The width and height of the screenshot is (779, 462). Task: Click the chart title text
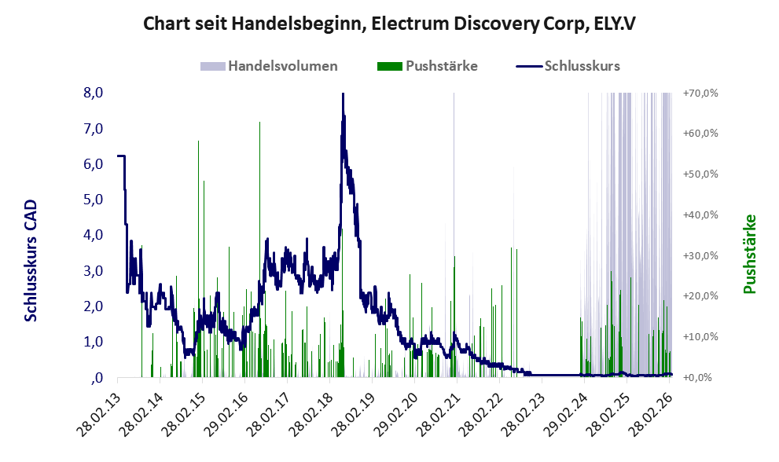[x=389, y=24]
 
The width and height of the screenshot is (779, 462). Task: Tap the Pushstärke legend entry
[x=441, y=66]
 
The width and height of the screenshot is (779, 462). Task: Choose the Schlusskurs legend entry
[x=582, y=66]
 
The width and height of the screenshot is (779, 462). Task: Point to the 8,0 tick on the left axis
[x=94, y=93]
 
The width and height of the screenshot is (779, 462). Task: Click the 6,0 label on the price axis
[x=94, y=164]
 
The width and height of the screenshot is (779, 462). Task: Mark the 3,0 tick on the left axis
[x=94, y=271]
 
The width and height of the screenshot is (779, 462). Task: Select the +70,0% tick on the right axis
[x=700, y=93]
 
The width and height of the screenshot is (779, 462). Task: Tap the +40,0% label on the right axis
[x=700, y=214]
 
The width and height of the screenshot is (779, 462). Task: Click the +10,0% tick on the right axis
[x=700, y=336]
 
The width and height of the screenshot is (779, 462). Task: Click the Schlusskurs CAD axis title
[x=31, y=260]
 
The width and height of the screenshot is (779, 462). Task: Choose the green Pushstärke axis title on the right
[x=750, y=254]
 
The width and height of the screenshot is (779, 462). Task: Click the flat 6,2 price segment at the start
[x=121, y=156]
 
